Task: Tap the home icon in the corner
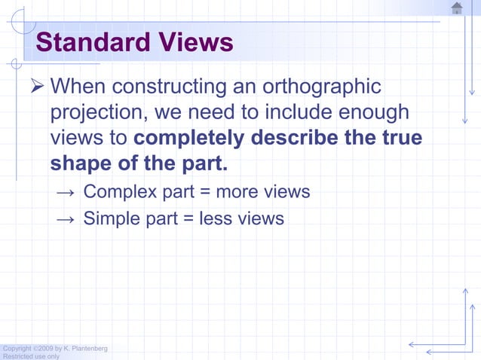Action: [457, 8]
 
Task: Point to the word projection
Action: [97, 113]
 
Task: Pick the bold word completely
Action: [188, 139]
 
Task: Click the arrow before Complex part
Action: [66, 193]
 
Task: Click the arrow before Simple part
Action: [66, 220]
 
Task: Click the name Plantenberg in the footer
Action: [91, 348]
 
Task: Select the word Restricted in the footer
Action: [16, 356]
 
